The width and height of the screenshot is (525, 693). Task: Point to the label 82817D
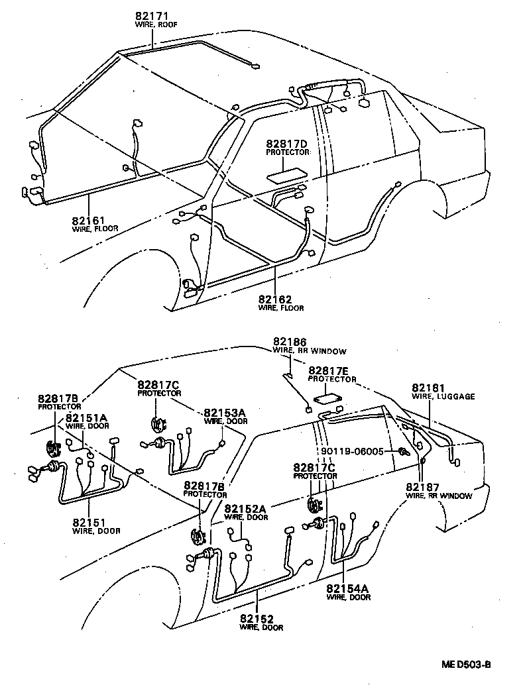pyautogui.click(x=287, y=144)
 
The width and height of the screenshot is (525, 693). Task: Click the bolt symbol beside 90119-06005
pyautogui.click(x=402, y=452)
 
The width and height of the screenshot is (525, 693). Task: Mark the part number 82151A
pyautogui.click(x=86, y=418)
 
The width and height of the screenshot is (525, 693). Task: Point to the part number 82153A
pyautogui.click(x=224, y=412)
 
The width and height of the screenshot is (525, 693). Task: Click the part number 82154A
pyautogui.click(x=348, y=588)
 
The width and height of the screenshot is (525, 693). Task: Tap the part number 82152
pyautogui.click(x=261, y=619)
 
